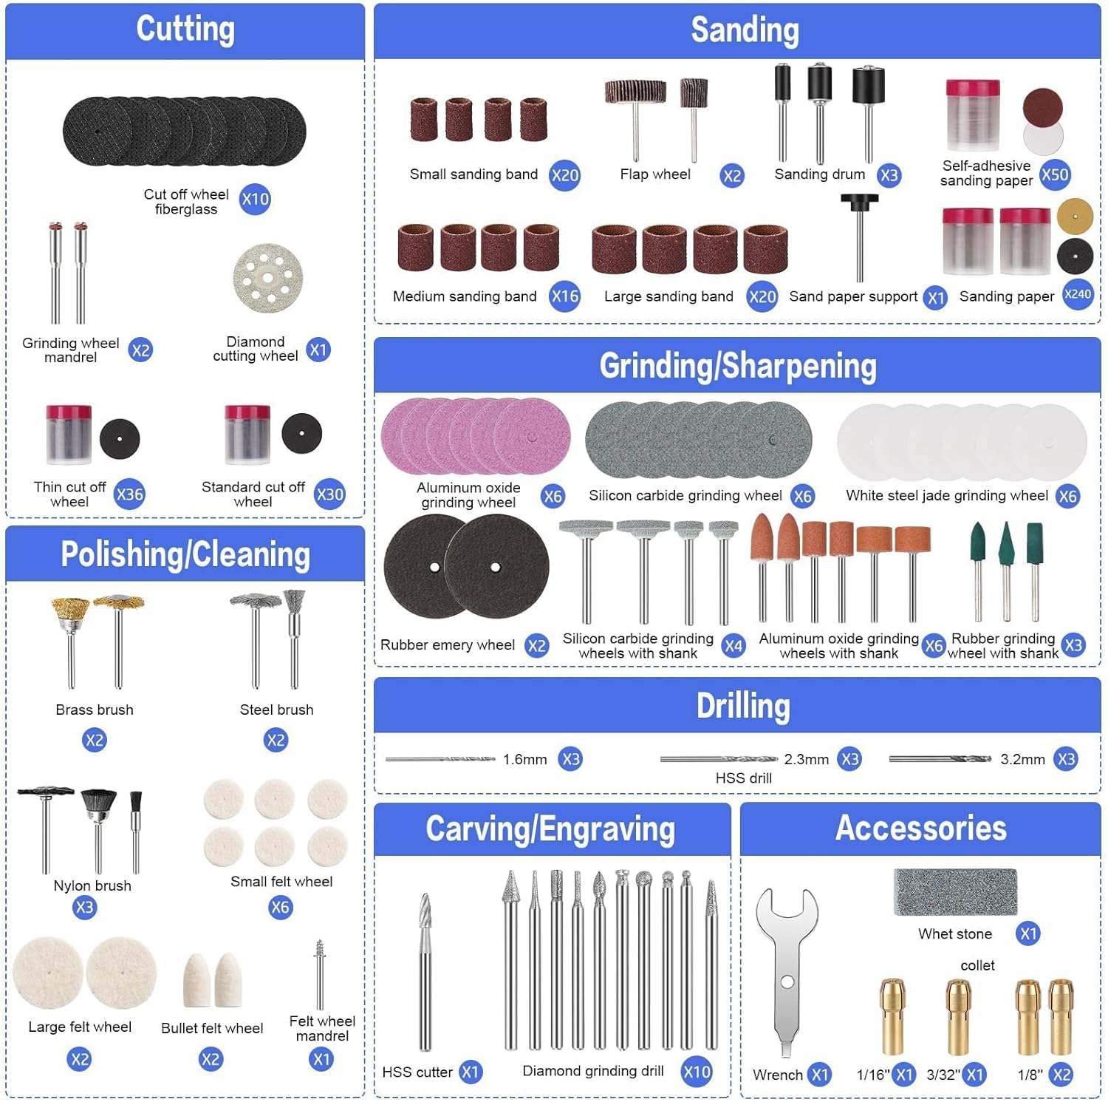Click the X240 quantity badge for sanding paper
coord(1078,294)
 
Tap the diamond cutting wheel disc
coord(268,278)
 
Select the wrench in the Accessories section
coord(787,968)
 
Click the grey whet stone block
coord(955,892)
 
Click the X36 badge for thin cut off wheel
coord(129,494)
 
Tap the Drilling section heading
coord(743,706)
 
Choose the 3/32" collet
coord(958,1016)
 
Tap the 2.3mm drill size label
coord(806,759)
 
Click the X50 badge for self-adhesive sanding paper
coord(1055,175)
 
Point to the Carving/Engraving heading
coord(550,829)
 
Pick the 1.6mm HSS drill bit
coord(440,759)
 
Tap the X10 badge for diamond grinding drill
coord(697,1072)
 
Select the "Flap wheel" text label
coord(655,174)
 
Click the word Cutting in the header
coord(185,30)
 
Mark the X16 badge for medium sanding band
coord(565,296)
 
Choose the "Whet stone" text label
coord(955,934)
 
